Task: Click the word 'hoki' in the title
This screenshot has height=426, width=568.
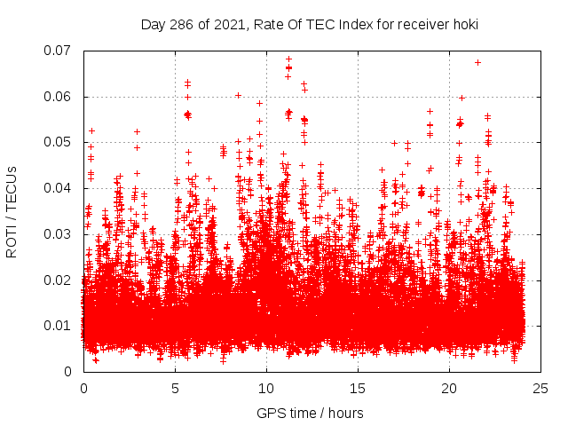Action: tap(464, 25)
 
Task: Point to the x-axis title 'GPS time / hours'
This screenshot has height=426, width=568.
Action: tap(310, 413)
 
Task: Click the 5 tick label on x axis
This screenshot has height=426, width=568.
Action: tap(175, 388)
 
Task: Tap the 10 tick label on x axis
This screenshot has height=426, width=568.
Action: tap(266, 388)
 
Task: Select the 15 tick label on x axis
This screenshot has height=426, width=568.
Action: tap(358, 388)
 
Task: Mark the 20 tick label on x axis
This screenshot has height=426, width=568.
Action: tap(449, 388)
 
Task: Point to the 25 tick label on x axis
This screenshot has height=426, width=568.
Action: tap(540, 388)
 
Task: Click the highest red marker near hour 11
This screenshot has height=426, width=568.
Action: tap(288, 59)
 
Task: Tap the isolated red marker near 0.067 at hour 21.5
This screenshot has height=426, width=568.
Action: tap(477, 62)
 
